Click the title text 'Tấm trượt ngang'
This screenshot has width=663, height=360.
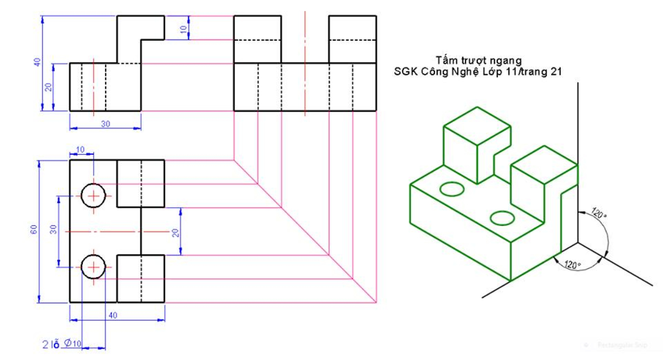pyautogui.click(x=480, y=61)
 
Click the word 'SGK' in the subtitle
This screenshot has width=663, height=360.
pyautogui.click(x=406, y=73)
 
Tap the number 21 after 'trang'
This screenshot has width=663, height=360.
pyautogui.click(x=555, y=73)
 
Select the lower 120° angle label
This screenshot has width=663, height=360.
pyautogui.click(x=572, y=264)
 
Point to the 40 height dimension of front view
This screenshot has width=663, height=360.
pyautogui.click(x=38, y=63)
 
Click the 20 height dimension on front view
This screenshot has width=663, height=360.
pyautogui.click(x=49, y=87)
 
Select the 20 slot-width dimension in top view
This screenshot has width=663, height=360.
pyautogui.click(x=175, y=232)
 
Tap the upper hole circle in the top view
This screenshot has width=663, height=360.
pyautogui.click(x=93, y=195)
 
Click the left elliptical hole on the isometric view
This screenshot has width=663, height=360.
pyautogui.click(x=452, y=188)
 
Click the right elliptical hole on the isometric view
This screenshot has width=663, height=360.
pyautogui.click(x=502, y=217)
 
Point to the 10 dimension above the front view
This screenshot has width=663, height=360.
pyautogui.click(x=183, y=28)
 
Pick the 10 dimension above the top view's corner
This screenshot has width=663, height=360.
pyautogui.click(x=80, y=150)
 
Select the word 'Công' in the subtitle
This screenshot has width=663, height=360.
pyautogui.click(x=444, y=73)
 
